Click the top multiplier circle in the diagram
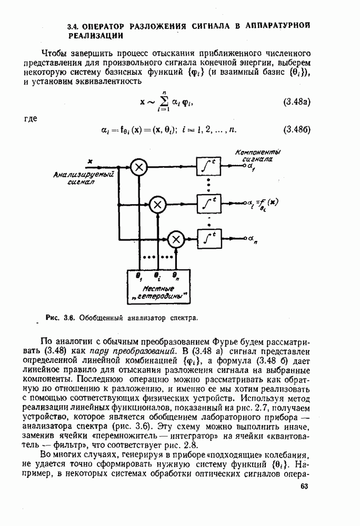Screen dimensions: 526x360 tap(139, 167)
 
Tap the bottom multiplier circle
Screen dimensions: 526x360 tap(176, 239)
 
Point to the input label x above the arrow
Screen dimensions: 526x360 tap(91, 160)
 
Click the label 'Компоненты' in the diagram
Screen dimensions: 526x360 tap(258, 152)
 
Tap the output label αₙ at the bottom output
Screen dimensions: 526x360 tap(254, 239)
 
